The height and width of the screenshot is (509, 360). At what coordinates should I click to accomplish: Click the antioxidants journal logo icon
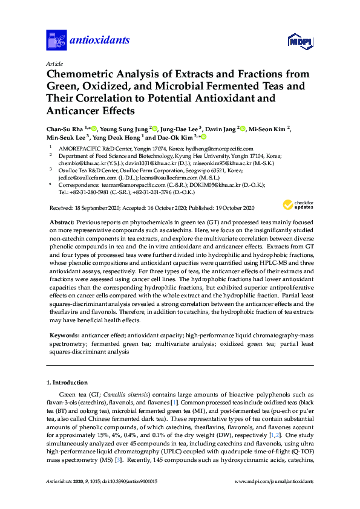(56, 41)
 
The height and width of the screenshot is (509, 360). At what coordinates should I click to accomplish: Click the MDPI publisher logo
(298, 42)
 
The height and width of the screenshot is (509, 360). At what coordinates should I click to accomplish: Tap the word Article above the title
(54, 63)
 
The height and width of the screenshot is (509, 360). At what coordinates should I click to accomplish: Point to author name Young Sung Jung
(124, 129)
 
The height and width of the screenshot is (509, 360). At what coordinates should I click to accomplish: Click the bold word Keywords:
(62, 334)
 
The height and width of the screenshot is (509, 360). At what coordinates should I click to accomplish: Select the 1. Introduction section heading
(67, 383)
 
